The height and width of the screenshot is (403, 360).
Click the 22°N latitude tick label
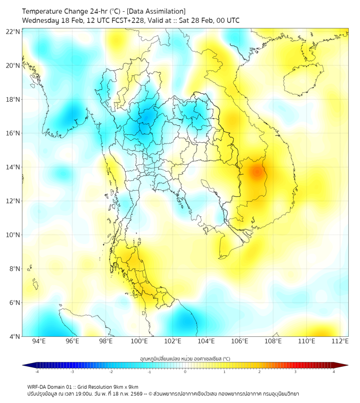tap(13, 31)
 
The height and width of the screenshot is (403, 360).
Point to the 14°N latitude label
tap(13, 167)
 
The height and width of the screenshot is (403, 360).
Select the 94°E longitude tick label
tap(39, 341)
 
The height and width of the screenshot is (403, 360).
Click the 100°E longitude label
tap(139, 341)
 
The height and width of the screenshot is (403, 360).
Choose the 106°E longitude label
tap(240, 341)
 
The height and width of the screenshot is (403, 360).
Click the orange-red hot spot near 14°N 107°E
tap(257, 172)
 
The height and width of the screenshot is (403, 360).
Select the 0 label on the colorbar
tap(185, 372)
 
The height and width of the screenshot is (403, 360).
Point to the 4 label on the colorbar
tap(334, 372)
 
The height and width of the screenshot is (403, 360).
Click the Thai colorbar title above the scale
tap(185, 358)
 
